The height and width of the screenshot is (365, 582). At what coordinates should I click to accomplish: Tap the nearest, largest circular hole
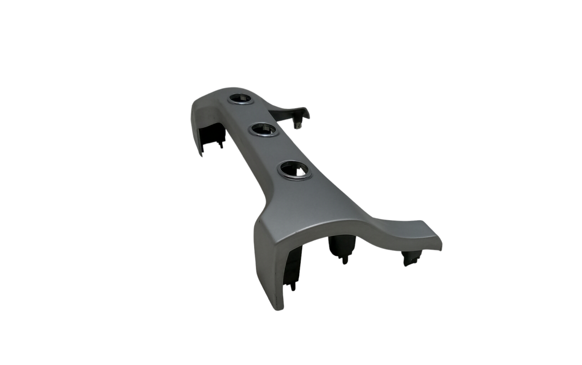296,170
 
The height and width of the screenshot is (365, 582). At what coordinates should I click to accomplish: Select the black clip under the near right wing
410,259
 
